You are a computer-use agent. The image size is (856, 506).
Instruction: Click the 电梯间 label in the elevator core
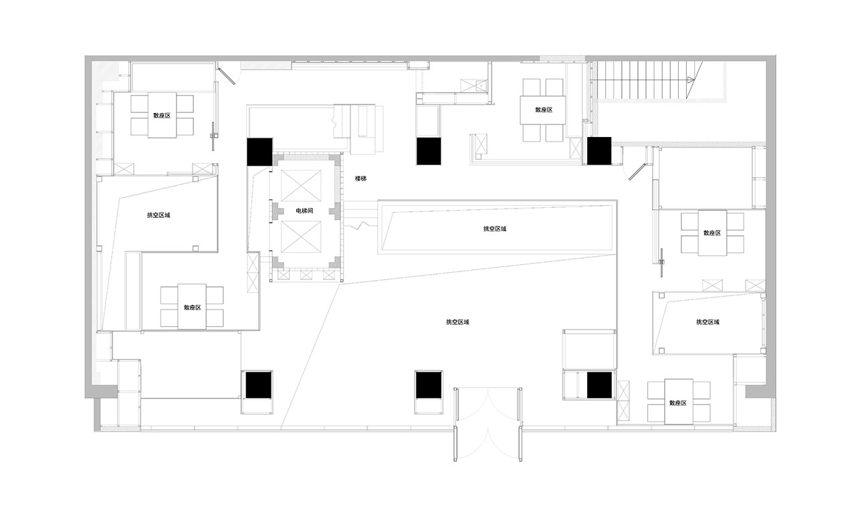pos(304,211)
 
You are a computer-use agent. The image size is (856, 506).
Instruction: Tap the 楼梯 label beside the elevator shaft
pos(360,178)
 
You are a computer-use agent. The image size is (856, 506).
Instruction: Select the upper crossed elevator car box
pos(301,186)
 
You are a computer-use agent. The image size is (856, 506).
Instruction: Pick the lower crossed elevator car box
pos(301,237)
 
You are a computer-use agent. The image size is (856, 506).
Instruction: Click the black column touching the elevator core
pos(259,152)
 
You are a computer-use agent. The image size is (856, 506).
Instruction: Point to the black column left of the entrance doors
pos(429,385)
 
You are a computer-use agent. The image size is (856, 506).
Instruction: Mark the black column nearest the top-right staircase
pos(599,151)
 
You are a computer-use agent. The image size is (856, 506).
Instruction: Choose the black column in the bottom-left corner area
pos(258,385)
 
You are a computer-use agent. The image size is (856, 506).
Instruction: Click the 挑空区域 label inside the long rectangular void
pos(495,229)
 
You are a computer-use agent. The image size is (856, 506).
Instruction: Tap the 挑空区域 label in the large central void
pos(457,322)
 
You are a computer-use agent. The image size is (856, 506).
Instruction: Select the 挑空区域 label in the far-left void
pos(158,215)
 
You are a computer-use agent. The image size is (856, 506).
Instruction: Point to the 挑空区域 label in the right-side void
pos(708,322)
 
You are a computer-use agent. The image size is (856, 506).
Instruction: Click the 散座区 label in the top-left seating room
pos(162,116)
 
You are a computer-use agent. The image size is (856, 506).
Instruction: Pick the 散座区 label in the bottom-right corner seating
pos(678,403)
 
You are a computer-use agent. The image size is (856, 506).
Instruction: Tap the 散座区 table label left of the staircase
pos(544,110)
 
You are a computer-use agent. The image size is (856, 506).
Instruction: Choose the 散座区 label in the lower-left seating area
pos(192,307)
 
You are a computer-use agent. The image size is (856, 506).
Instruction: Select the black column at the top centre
pos(429,151)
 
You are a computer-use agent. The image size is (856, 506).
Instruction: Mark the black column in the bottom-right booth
pos(599,385)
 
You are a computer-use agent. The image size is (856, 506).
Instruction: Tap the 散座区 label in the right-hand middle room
pos(712,233)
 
